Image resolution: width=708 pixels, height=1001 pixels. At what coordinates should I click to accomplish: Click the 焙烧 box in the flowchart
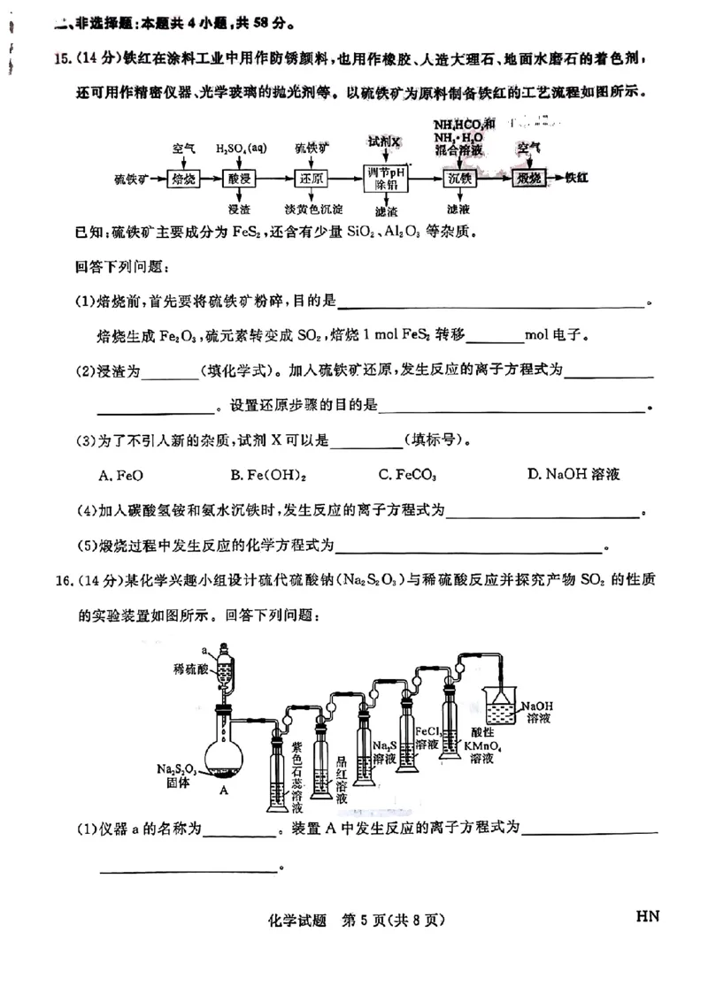pyautogui.click(x=183, y=178)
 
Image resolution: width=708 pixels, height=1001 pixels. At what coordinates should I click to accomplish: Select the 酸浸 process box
pyautogui.click(x=240, y=178)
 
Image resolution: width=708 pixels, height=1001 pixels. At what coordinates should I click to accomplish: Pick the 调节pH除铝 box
pyautogui.click(x=386, y=178)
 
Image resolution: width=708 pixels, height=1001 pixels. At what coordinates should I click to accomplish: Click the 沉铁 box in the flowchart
pyautogui.click(x=460, y=178)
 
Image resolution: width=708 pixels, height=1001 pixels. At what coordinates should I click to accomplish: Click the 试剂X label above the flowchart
pyautogui.click(x=386, y=142)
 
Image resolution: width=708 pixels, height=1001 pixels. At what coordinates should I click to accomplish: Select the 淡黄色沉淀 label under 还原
pyautogui.click(x=313, y=209)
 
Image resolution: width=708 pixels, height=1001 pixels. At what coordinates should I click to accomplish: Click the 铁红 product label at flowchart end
pyautogui.click(x=578, y=178)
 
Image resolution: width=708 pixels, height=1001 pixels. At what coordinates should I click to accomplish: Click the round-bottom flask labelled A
pyautogui.click(x=225, y=750)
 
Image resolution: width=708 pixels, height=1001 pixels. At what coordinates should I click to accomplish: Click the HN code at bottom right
pyautogui.click(x=648, y=916)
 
